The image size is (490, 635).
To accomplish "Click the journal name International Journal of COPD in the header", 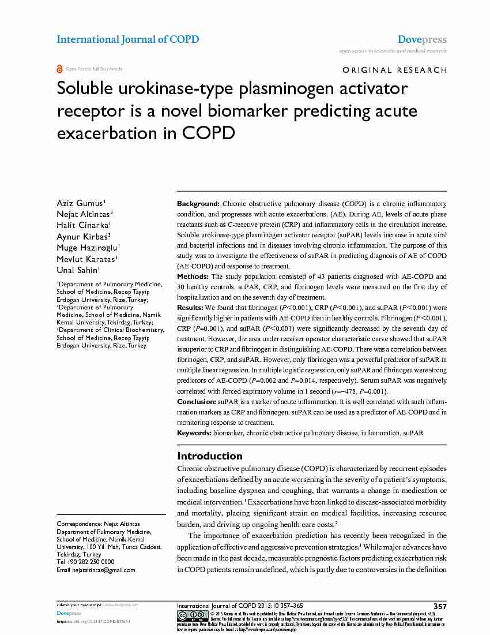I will [x=127, y=39].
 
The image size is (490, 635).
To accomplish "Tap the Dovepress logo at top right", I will [x=422, y=40].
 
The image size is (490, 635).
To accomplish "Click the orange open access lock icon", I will [x=59, y=69].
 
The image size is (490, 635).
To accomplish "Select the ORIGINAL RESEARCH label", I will [x=394, y=70].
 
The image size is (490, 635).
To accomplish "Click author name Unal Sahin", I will [x=78, y=270].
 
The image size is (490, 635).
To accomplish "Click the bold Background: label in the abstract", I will [x=198, y=204].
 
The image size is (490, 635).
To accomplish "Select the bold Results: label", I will [x=190, y=308].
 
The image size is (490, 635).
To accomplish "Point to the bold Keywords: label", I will [x=194, y=432].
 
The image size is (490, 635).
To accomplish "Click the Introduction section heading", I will [x=210, y=455].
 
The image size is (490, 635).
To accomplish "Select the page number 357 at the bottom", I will [x=440, y=606].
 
